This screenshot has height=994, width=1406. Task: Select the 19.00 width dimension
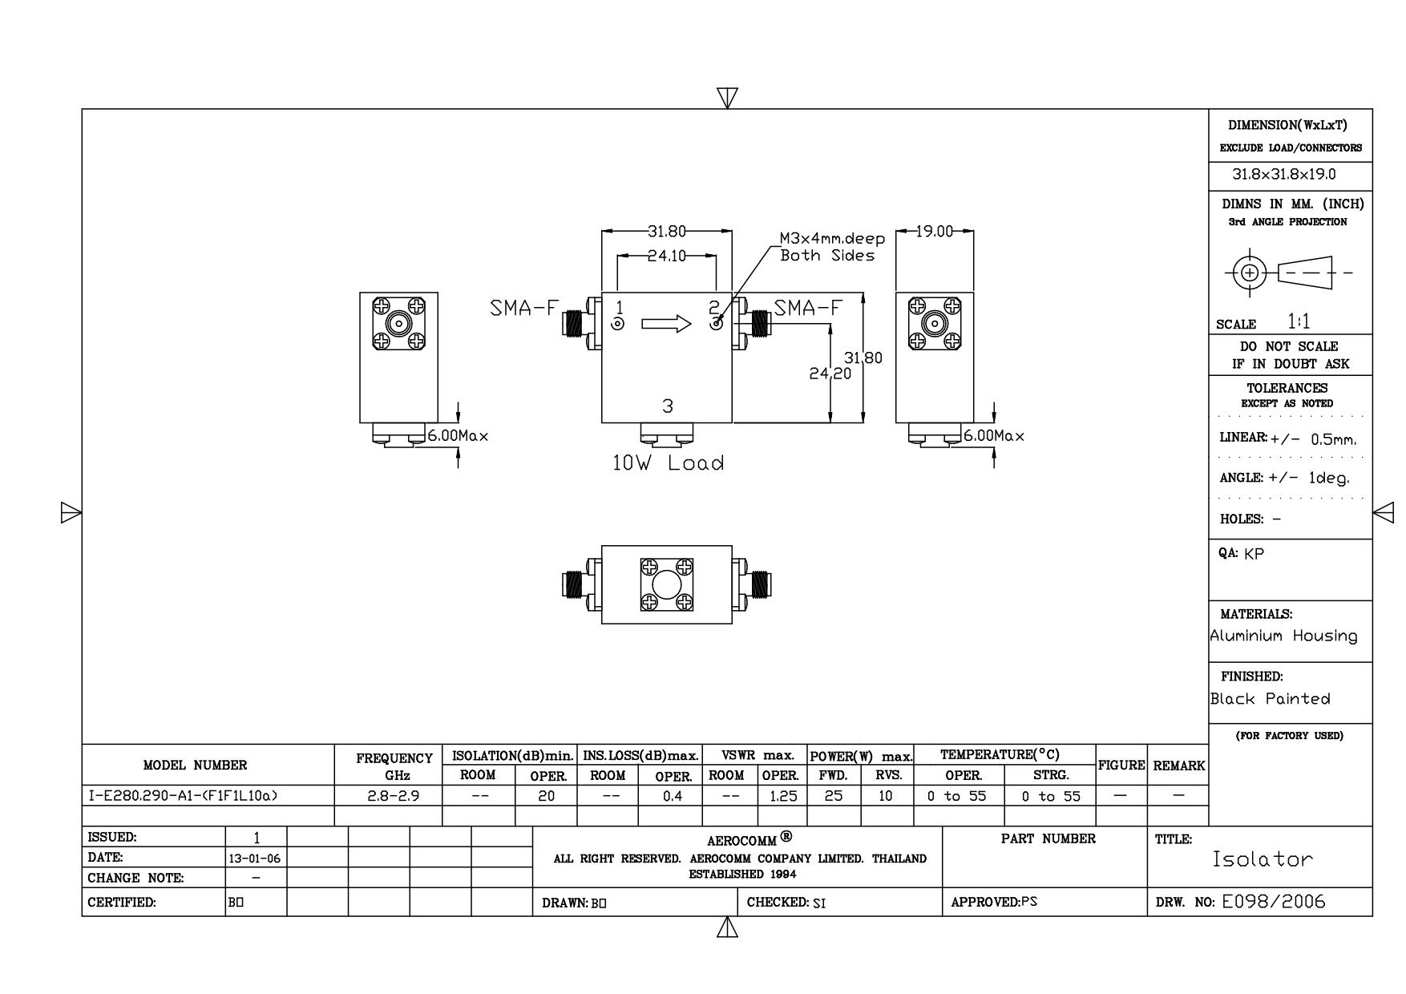[x=934, y=232]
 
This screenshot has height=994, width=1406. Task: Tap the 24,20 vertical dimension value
[x=830, y=374]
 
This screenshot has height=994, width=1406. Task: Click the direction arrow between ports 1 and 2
[x=666, y=324]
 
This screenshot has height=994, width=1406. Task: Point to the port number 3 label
[x=668, y=406]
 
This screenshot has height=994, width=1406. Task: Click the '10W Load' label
[x=668, y=463]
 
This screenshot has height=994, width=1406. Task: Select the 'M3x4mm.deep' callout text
[x=832, y=239]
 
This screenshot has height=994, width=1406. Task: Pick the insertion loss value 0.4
[x=672, y=796]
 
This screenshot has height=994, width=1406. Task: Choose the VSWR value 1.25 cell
[x=782, y=796]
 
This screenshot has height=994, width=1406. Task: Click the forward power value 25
[x=834, y=796]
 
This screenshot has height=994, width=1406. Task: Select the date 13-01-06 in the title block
[x=257, y=859]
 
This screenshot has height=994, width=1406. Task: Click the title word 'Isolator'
[x=1263, y=859]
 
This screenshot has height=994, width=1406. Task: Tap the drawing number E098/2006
[x=1274, y=902]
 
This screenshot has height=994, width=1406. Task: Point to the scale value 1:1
[x=1299, y=322]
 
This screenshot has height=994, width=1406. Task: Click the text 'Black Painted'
[x=1270, y=699]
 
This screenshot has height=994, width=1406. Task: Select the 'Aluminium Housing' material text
[x=1283, y=636]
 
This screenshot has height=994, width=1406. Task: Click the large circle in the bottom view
[x=666, y=585]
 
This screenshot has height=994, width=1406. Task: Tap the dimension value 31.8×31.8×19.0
[x=1283, y=174]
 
